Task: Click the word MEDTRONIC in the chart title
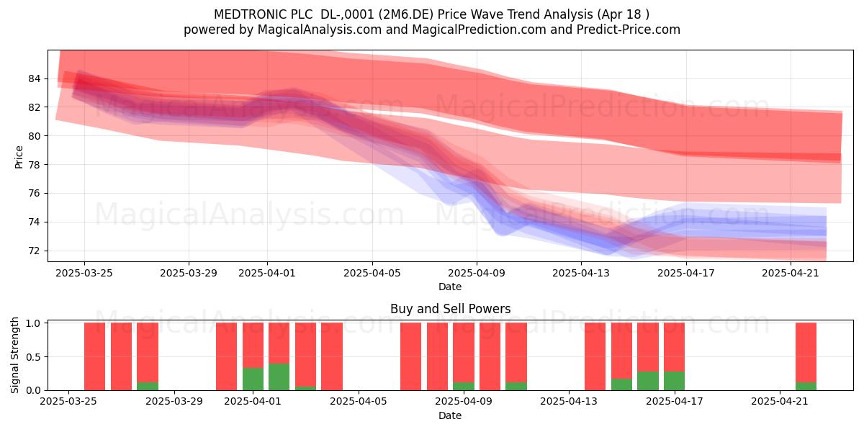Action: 244,14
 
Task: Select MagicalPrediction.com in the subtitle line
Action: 479,30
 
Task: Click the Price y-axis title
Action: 19,157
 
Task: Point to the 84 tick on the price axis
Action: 34,78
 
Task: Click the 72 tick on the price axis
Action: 34,251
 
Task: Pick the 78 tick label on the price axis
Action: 34,165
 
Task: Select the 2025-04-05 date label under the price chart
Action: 372,273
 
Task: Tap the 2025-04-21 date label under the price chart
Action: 791,273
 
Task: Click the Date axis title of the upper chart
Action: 450,287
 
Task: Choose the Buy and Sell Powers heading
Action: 450,309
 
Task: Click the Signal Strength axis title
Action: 14,355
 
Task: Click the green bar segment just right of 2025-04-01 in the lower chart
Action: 279,377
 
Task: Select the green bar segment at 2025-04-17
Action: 674,381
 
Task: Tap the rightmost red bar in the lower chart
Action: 806,352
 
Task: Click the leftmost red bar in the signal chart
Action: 94,356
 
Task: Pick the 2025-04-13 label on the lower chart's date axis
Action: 569,402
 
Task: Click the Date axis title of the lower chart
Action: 450,415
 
